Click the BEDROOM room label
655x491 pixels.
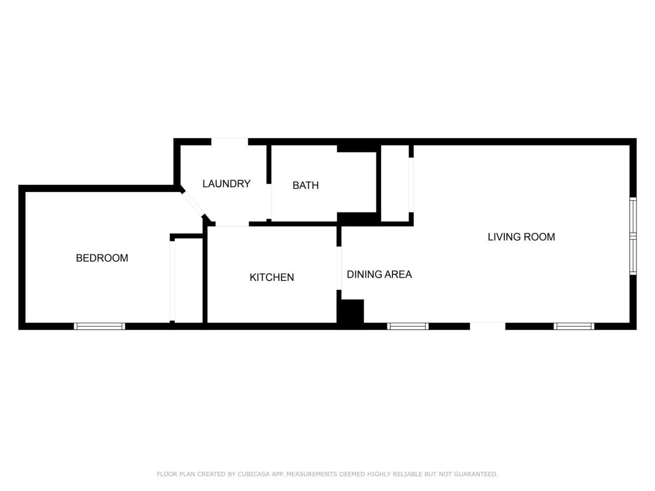[x=102, y=258]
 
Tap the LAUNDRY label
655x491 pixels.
[x=227, y=184]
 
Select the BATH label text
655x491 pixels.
[x=306, y=185]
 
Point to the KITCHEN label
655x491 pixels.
[x=272, y=278]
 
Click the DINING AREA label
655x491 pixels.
[x=379, y=274]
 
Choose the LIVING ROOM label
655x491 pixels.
[x=521, y=237]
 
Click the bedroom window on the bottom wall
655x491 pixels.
[x=100, y=326]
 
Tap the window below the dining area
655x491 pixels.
[x=408, y=326]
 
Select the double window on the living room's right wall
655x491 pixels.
[x=633, y=236]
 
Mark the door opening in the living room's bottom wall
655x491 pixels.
[x=487, y=326]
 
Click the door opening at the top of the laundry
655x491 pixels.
[x=230, y=142]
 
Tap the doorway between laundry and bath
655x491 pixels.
[x=269, y=201]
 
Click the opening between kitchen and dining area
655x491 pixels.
[x=339, y=268]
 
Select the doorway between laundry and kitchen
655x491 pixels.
[x=233, y=224]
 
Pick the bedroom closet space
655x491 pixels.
[x=189, y=280]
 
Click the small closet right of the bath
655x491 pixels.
[x=395, y=184]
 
